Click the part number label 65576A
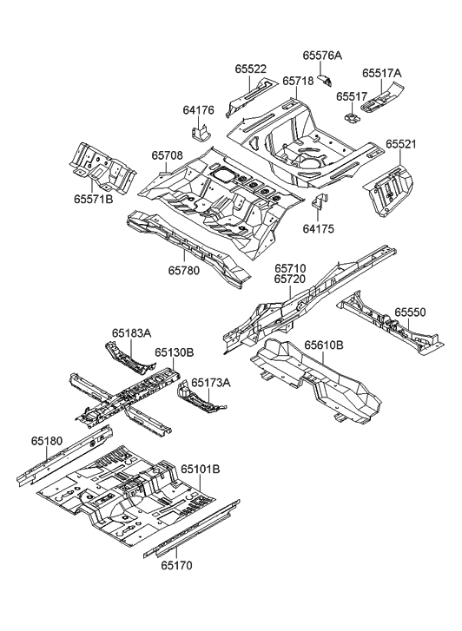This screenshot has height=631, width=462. (x=322, y=56)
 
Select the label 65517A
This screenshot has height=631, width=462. (x=382, y=73)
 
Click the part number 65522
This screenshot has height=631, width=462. (x=250, y=69)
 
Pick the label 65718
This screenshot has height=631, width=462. (x=298, y=81)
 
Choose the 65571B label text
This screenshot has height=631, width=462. (x=94, y=199)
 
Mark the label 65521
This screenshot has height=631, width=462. (x=400, y=144)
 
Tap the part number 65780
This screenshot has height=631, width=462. (x=184, y=270)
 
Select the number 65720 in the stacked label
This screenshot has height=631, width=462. (x=290, y=279)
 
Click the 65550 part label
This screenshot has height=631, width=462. (x=410, y=312)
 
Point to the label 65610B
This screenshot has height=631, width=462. (x=323, y=345)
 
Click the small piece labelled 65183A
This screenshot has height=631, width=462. (x=129, y=358)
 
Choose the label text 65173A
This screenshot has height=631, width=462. (x=211, y=382)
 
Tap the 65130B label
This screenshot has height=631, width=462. (x=175, y=353)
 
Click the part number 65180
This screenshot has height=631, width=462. (x=47, y=441)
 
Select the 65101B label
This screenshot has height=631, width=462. (x=201, y=470)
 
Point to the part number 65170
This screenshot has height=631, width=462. (x=177, y=565)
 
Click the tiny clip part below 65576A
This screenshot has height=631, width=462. (x=325, y=80)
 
